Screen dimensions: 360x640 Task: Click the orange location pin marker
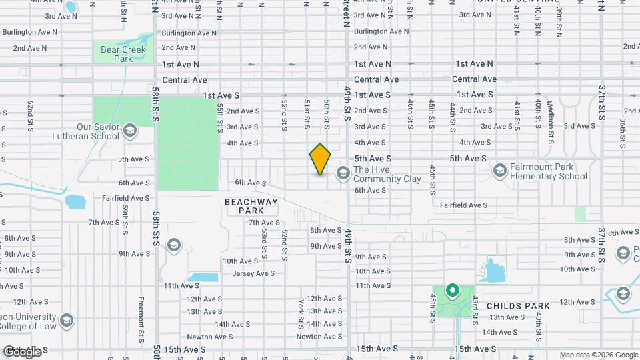coord(320,159)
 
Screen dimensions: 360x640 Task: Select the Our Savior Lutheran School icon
coord(129,130)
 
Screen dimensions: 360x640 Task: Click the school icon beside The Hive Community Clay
coord(343,173)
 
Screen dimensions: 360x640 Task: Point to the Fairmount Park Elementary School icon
coord(499,171)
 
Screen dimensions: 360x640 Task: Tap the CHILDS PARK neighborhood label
coord(518,306)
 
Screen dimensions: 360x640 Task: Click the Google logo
coord(22,351)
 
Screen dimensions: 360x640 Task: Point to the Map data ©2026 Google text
coord(598,355)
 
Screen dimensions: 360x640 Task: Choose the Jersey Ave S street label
coord(253,273)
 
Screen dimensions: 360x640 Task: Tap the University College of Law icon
coord(66,321)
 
